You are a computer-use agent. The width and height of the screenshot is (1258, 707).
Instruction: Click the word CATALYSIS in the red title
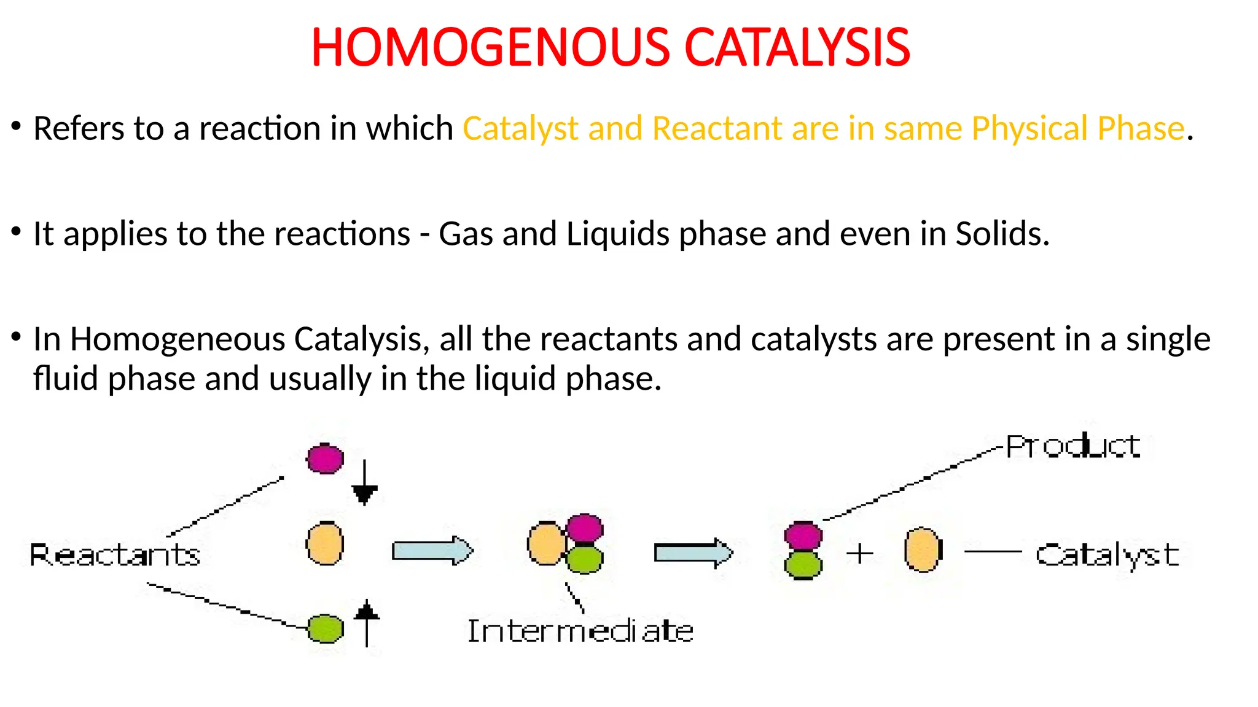797,48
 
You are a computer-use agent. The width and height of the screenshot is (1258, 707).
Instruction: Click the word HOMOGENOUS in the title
490,48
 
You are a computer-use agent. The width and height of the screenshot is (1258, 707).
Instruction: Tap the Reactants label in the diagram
115,555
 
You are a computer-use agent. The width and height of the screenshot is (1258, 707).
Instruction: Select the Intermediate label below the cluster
580,631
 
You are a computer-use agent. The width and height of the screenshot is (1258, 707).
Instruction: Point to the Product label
1073,446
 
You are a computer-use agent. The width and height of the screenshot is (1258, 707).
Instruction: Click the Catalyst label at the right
1107,555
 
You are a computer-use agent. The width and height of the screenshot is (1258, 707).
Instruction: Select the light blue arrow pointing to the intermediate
432,550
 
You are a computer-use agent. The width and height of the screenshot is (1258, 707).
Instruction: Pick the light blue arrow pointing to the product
693,553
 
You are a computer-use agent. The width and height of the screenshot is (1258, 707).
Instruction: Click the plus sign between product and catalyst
860,554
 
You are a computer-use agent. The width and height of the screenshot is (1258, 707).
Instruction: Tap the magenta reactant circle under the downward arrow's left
325,458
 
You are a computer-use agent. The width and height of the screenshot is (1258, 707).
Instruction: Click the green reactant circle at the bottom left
325,628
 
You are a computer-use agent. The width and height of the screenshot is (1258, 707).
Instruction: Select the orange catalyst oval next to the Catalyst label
923,550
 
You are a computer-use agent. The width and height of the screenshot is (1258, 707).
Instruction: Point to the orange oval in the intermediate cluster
545,543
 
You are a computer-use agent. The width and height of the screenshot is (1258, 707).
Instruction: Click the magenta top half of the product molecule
803,536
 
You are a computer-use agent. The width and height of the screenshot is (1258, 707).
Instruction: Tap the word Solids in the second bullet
1002,234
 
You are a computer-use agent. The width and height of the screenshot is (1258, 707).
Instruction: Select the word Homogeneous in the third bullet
178,339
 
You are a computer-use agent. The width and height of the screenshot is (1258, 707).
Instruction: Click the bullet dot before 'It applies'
17,231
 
